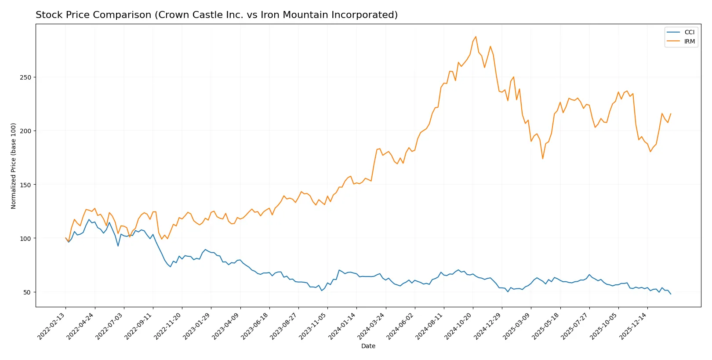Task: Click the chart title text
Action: click(216, 15)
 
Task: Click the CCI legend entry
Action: click(689, 32)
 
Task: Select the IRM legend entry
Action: click(689, 41)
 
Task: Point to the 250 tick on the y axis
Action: click(25, 77)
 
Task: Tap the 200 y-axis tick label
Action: click(25, 131)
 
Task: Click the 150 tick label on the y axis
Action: click(25, 185)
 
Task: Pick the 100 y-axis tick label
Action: click(25, 238)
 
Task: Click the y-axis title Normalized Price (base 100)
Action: click(14, 166)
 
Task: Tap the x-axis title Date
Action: click(368, 346)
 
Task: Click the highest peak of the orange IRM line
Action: click(476, 36)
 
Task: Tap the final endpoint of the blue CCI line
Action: click(671, 294)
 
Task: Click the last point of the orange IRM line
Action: click(671, 113)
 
